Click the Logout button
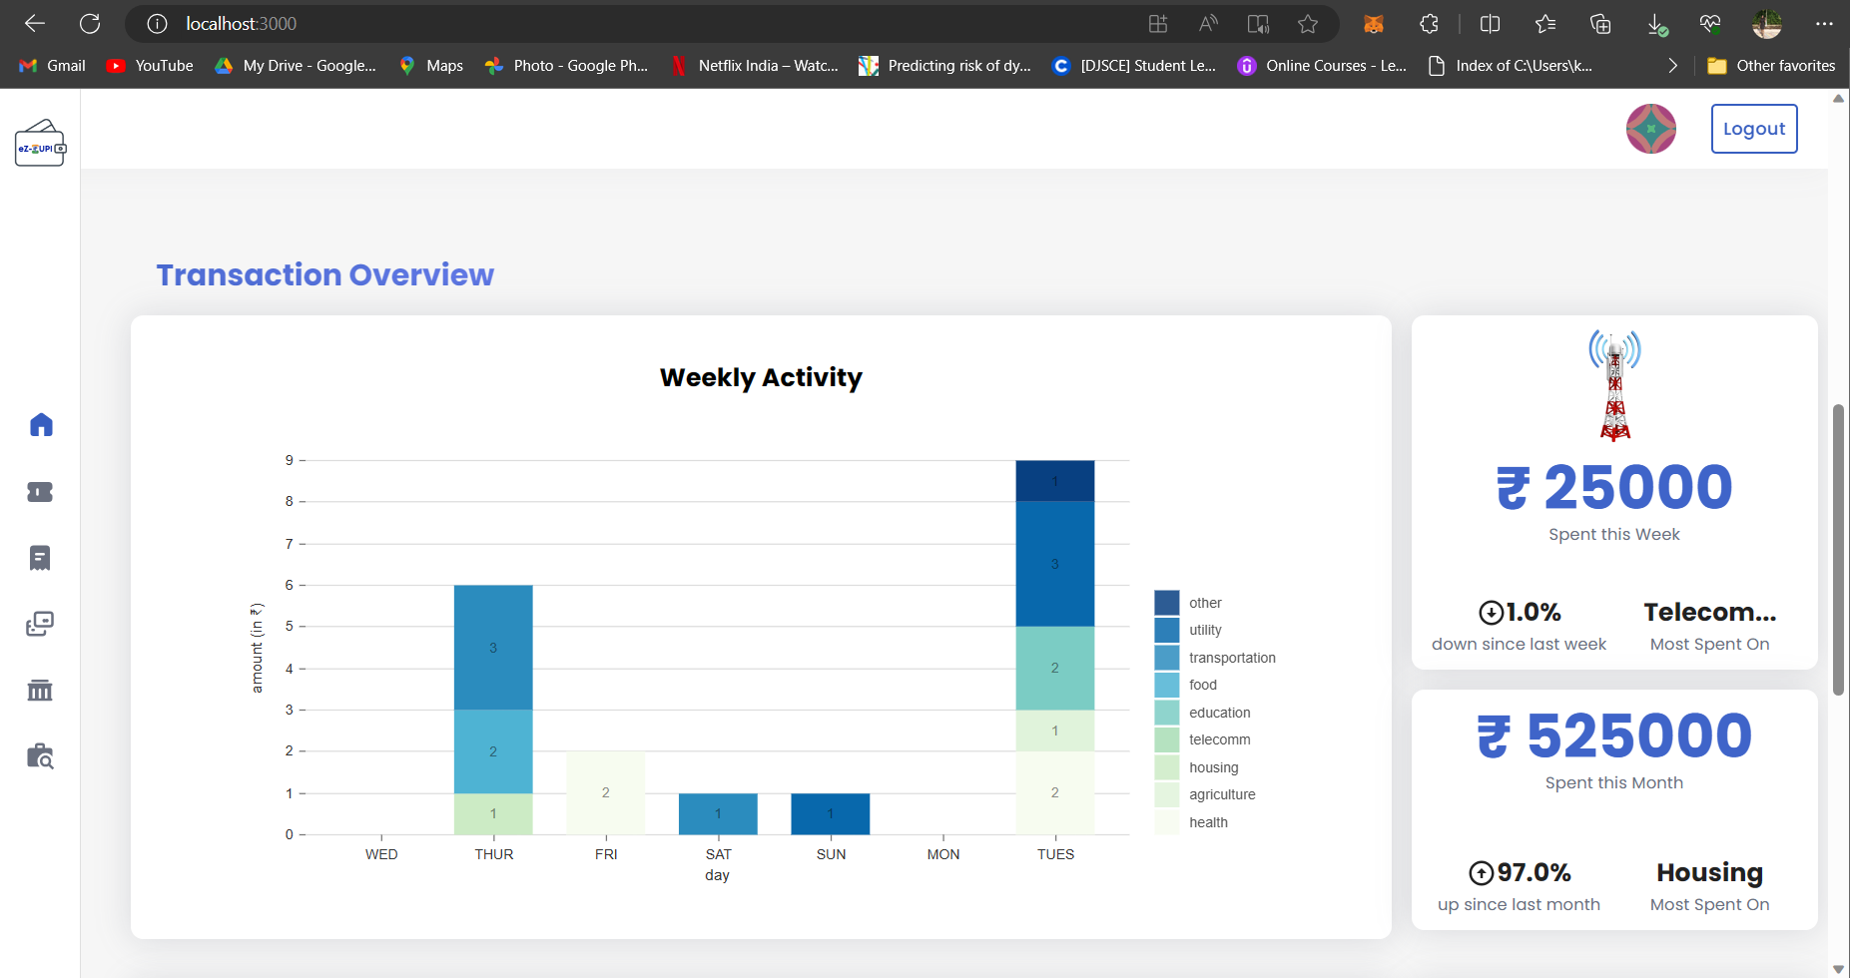pyautogui.click(x=1753, y=129)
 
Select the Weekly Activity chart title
pyautogui.click(x=761, y=377)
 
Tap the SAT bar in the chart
pyautogui.click(x=718, y=813)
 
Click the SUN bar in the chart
pyautogui.click(x=830, y=813)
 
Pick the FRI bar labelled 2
pyautogui.click(x=605, y=792)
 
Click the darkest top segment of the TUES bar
pyautogui.click(x=1054, y=481)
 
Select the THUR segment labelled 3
pyautogui.click(x=493, y=648)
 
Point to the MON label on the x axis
pyautogui.click(x=942, y=854)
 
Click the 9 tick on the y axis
pyautogui.click(x=290, y=460)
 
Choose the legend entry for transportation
pyautogui.click(x=1231, y=658)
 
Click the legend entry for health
pyautogui.click(x=1208, y=822)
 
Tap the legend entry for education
pyautogui.click(x=1219, y=713)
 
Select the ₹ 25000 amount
pyautogui.click(x=1614, y=487)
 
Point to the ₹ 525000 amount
pyautogui.click(x=1614, y=735)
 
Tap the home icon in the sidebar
pyautogui.click(x=41, y=425)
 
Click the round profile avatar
pyautogui.click(x=1650, y=129)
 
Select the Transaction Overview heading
pyautogui.click(x=324, y=274)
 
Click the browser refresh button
pyautogui.click(x=90, y=23)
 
